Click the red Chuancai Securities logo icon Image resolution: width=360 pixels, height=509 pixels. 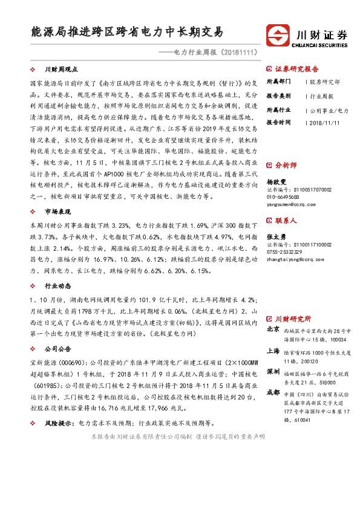[x=279, y=34]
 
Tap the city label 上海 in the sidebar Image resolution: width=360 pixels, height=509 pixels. [x=273, y=351]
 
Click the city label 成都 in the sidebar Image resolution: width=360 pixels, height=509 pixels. [x=273, y=393]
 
